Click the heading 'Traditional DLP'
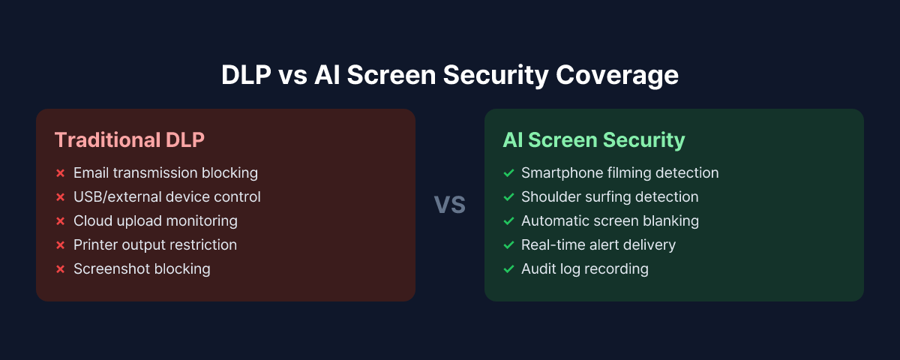pyautogui.click(x=129, y=140)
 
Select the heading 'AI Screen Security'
pyautogui.click(x=593, y=140)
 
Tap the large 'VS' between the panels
pyautogui.click(x=450, y=205)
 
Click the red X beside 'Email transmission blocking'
pyautogui.click(x=60, y=173)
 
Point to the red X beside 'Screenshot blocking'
pyautogui.click(x=60, y=269)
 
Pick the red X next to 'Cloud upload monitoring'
pyautogui.click(x=60, y=221)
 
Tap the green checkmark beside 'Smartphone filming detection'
pyautogui.click(x=508, y=173)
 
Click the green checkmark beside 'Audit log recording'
pyautogui.click(x=508, y=269)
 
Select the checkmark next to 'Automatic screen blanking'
pyautogui.click(x=508, y=221)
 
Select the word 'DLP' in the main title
pyautogui.click(x=247, y=76)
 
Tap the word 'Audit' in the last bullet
pyautogui.click(x=538, y=269)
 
